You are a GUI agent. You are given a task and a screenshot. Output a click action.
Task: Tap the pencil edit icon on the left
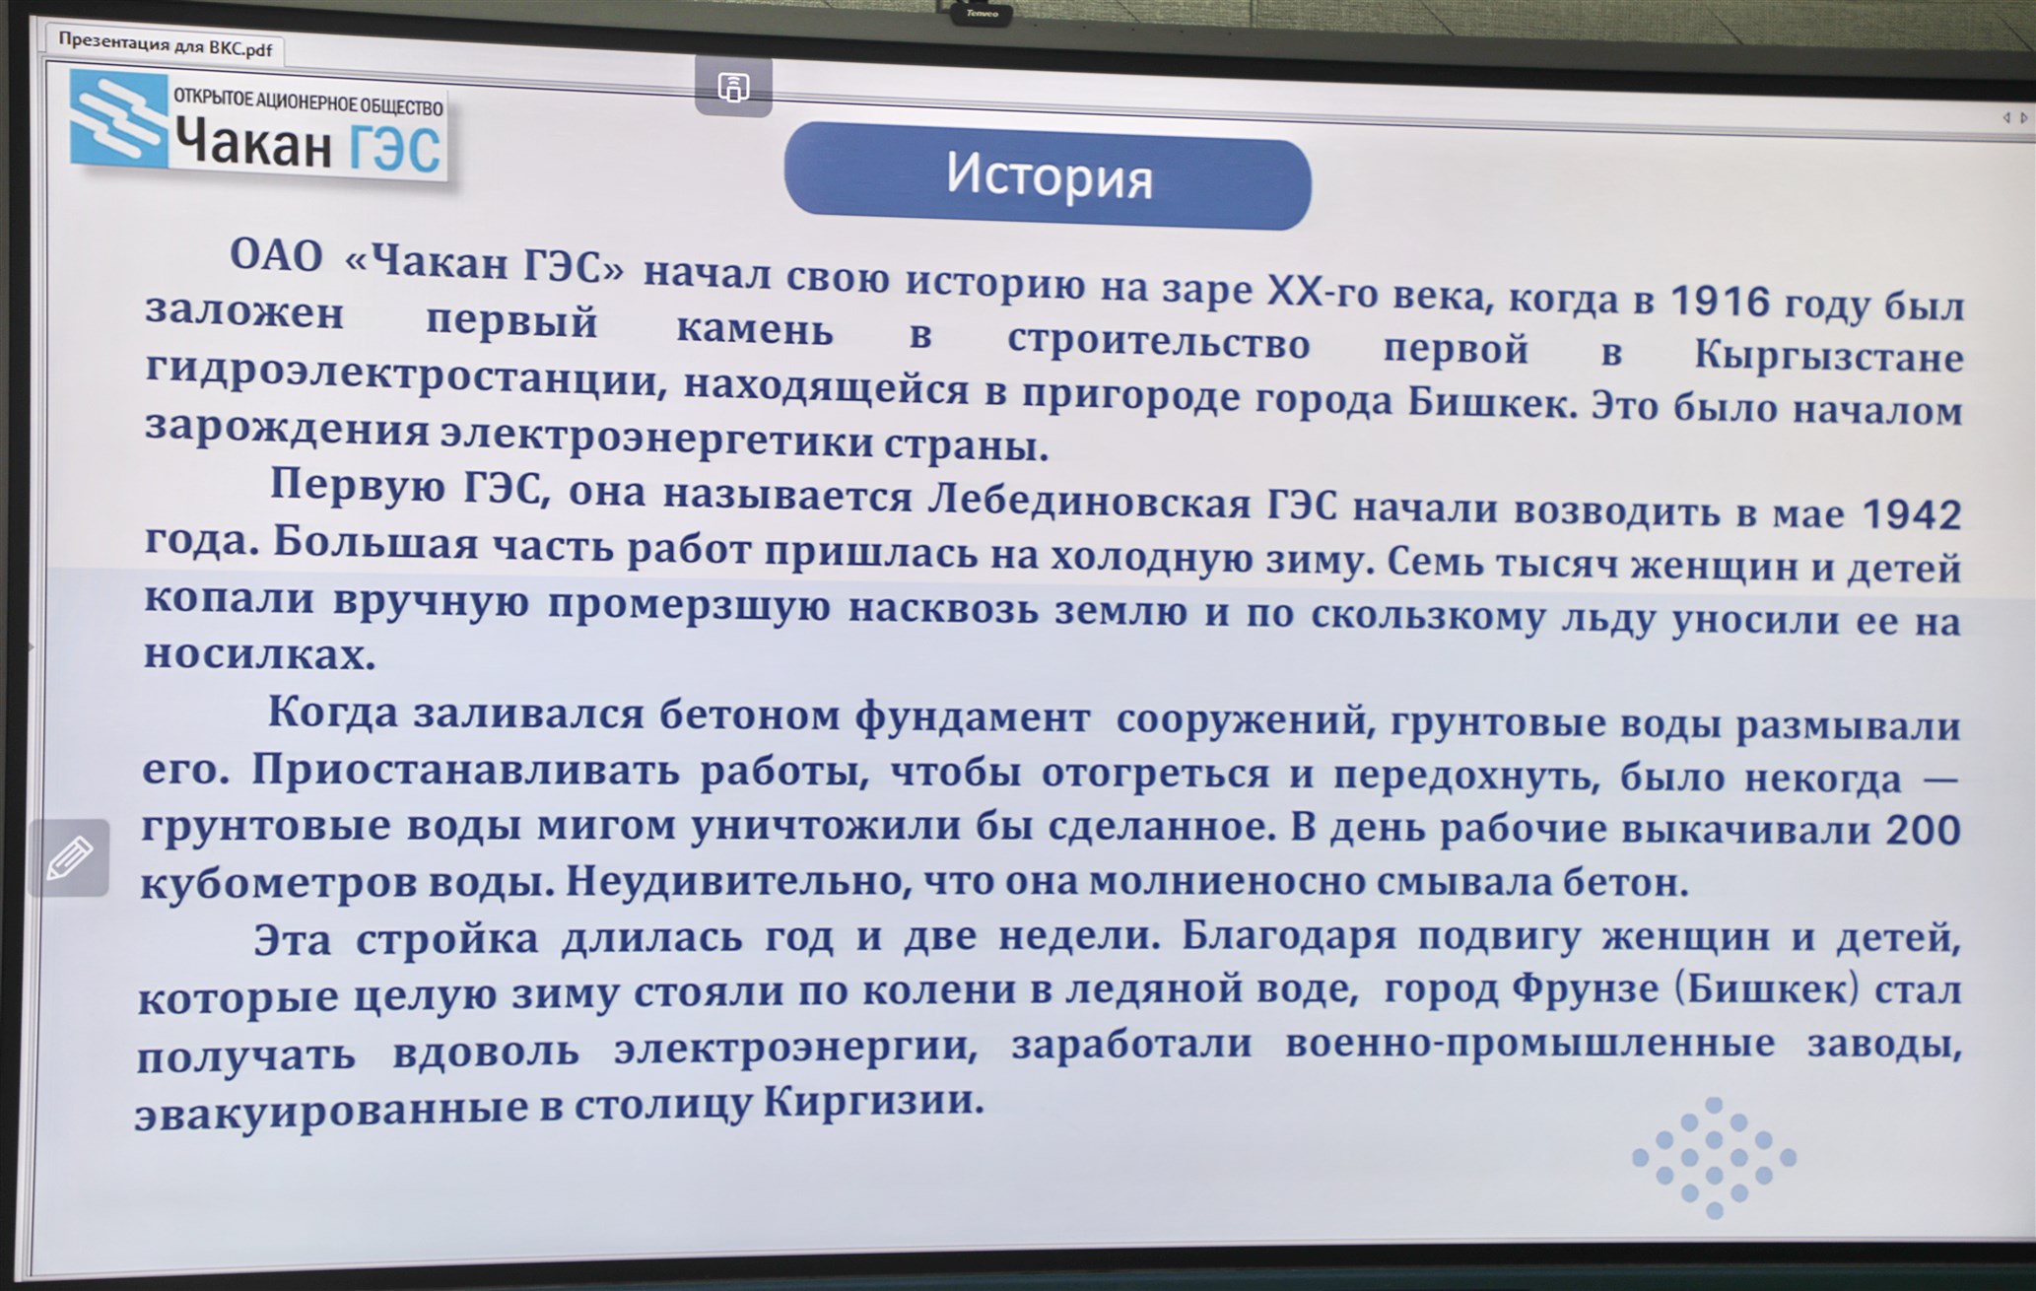[69, 857]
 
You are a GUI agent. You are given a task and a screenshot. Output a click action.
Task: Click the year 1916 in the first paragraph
[1720, 302]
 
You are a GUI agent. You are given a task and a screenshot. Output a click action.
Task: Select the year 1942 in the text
[1912, 514]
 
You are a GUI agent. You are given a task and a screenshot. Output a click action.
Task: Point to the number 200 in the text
[1923, 830]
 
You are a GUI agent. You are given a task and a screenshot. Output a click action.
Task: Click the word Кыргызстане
[1828, 357]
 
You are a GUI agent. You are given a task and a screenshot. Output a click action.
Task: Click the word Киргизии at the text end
[874, 1100]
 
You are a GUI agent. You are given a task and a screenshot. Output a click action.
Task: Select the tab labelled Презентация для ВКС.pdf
[165, 45]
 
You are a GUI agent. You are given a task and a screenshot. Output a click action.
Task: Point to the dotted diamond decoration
[1714, 1157]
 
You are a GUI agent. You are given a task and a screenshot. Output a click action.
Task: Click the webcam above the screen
[982, 13]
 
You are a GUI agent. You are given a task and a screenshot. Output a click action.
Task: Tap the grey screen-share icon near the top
[733, 87]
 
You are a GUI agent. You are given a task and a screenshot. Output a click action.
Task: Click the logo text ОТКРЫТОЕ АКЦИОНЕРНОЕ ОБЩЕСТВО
[308, 102]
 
